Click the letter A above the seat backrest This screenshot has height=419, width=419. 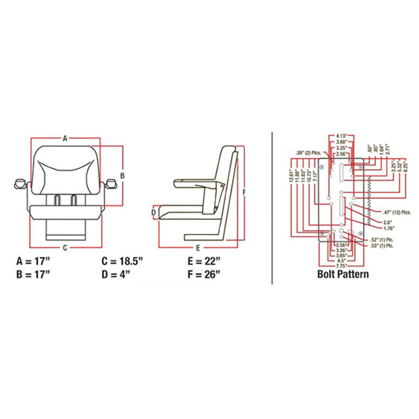tap(65, 139)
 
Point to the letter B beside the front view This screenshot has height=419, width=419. tap(122, 176)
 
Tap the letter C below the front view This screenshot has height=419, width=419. tap(65, 247)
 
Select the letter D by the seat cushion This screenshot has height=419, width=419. tap(153, 212)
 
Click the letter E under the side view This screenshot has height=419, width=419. tap(198, 247)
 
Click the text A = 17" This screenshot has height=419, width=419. tap(33, 262)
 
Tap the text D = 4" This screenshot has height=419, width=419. tap(116, 274)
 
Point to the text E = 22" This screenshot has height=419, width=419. tap(204, 262)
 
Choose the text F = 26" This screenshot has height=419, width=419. tap(204, 274)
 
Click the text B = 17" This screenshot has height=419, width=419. tap(33, 274)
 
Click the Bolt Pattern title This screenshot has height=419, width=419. tap(343, 274)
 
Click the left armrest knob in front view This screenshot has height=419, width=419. tap(20, 183)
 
